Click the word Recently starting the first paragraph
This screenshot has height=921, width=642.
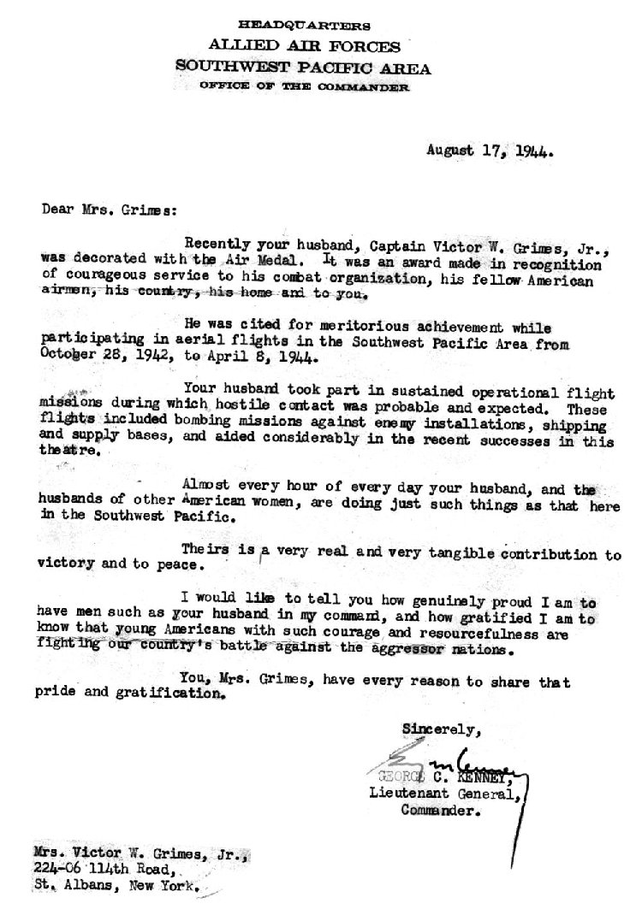coord(217,240)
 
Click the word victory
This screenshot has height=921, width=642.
coord(66,565)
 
